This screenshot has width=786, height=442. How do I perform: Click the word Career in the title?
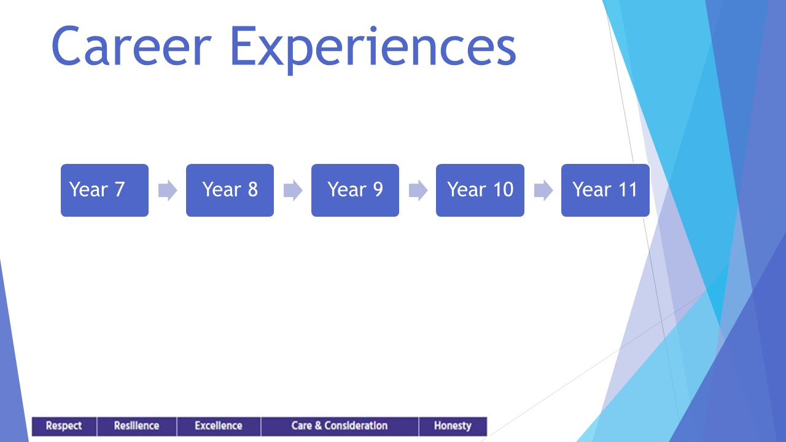click(x=131, y=45)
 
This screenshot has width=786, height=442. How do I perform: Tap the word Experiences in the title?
click(x=373, y=50)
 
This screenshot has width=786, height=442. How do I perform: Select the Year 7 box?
click(x=104, y=190)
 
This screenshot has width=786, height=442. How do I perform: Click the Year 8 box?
click(x=230, y=190)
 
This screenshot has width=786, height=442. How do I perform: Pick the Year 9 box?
click(x=355, y=190)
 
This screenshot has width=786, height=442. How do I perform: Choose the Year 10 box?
click(x=480, y=190)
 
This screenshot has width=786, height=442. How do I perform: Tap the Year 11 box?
click(x=605, y=190)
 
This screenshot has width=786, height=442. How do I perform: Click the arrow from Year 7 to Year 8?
click(x=168, y=190)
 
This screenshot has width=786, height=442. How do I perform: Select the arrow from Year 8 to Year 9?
click(x=293, y=190)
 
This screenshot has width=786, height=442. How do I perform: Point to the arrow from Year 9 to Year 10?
click(x=418, y=190)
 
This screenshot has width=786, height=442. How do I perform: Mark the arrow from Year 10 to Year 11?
click(x=543, y=190)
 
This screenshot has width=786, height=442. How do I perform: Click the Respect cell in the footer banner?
click(x=64, y=426)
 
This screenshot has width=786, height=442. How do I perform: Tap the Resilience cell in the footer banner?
click(x=137, y=426)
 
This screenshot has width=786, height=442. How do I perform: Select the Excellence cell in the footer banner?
click(x=219, y=426)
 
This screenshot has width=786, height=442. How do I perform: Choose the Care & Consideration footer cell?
click(x=340, y=426)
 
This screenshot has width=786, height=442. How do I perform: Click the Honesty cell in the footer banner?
click(x=453, y=426)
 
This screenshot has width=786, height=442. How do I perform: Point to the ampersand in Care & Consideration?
click(x=318, y=425)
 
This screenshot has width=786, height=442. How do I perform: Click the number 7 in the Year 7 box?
click(x=120, y=190)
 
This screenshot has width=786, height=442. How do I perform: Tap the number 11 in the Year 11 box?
click(x=628, y=190)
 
